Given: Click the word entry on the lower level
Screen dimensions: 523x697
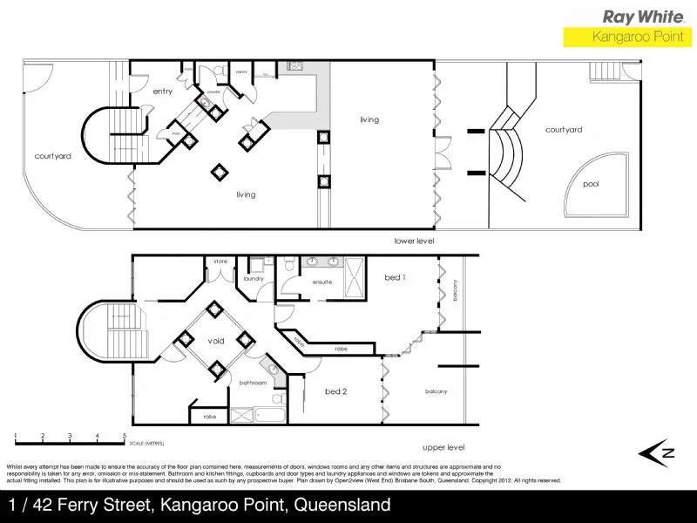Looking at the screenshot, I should (163, 91).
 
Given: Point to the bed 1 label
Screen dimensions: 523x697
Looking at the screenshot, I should (395, 277).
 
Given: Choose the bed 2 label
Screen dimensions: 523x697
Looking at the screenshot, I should (336, 391).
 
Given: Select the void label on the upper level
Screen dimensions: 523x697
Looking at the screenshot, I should (216, 341).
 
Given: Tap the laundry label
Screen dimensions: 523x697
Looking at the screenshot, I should (253, 278).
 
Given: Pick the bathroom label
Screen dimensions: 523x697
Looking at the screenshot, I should (253, 383).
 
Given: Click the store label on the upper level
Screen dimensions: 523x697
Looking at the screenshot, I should (220, 260).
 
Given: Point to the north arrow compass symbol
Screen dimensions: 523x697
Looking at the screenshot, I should (659, 451).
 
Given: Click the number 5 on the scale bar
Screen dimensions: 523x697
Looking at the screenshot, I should (125, 435).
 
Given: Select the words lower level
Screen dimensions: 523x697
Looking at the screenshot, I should (414, 241).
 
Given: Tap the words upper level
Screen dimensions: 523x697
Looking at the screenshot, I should (443, 447).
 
